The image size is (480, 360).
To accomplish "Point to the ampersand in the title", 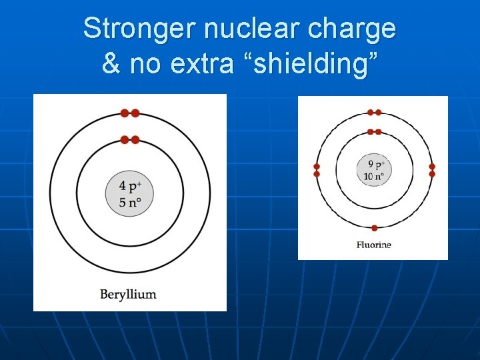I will pyautogui.click(x=111, y=65).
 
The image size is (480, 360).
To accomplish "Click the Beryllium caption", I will pyautogui.click(x=128, y=293).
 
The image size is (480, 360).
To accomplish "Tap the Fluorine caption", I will pyautogui.click(x=373, y=245).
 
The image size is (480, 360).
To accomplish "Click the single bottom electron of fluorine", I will pyautogui.click(x=374, y=228).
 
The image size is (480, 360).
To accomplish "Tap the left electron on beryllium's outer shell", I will pyautogui.click(x=125, y=113).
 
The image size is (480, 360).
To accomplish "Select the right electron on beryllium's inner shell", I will pyautogui.click(x=135, y=139).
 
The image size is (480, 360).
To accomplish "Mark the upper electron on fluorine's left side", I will pyautogui.click(x=317, y=167).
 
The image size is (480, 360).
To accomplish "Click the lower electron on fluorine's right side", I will pyautogui.click(x=432, y=174).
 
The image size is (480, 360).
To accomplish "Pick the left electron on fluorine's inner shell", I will pyautogui.click(x=371, y=132).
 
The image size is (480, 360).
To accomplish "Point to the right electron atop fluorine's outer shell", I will pyautogui.click(x=378, y=113).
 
